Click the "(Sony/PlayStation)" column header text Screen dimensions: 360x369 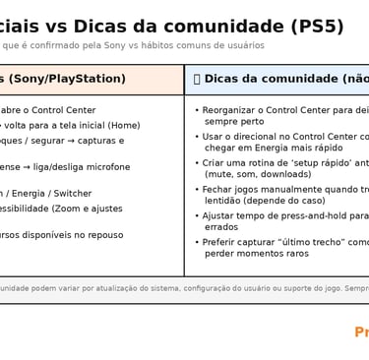coord(67,79)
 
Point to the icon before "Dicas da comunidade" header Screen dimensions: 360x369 coord(197,79)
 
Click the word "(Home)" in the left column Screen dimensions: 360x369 coord(124,125)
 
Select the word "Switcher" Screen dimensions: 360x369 coord(73,194)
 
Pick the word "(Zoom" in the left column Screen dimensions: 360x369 coord(65,209)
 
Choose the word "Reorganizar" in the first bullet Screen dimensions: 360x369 coord(234,110)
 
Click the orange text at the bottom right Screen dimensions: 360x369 coord(361,332)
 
